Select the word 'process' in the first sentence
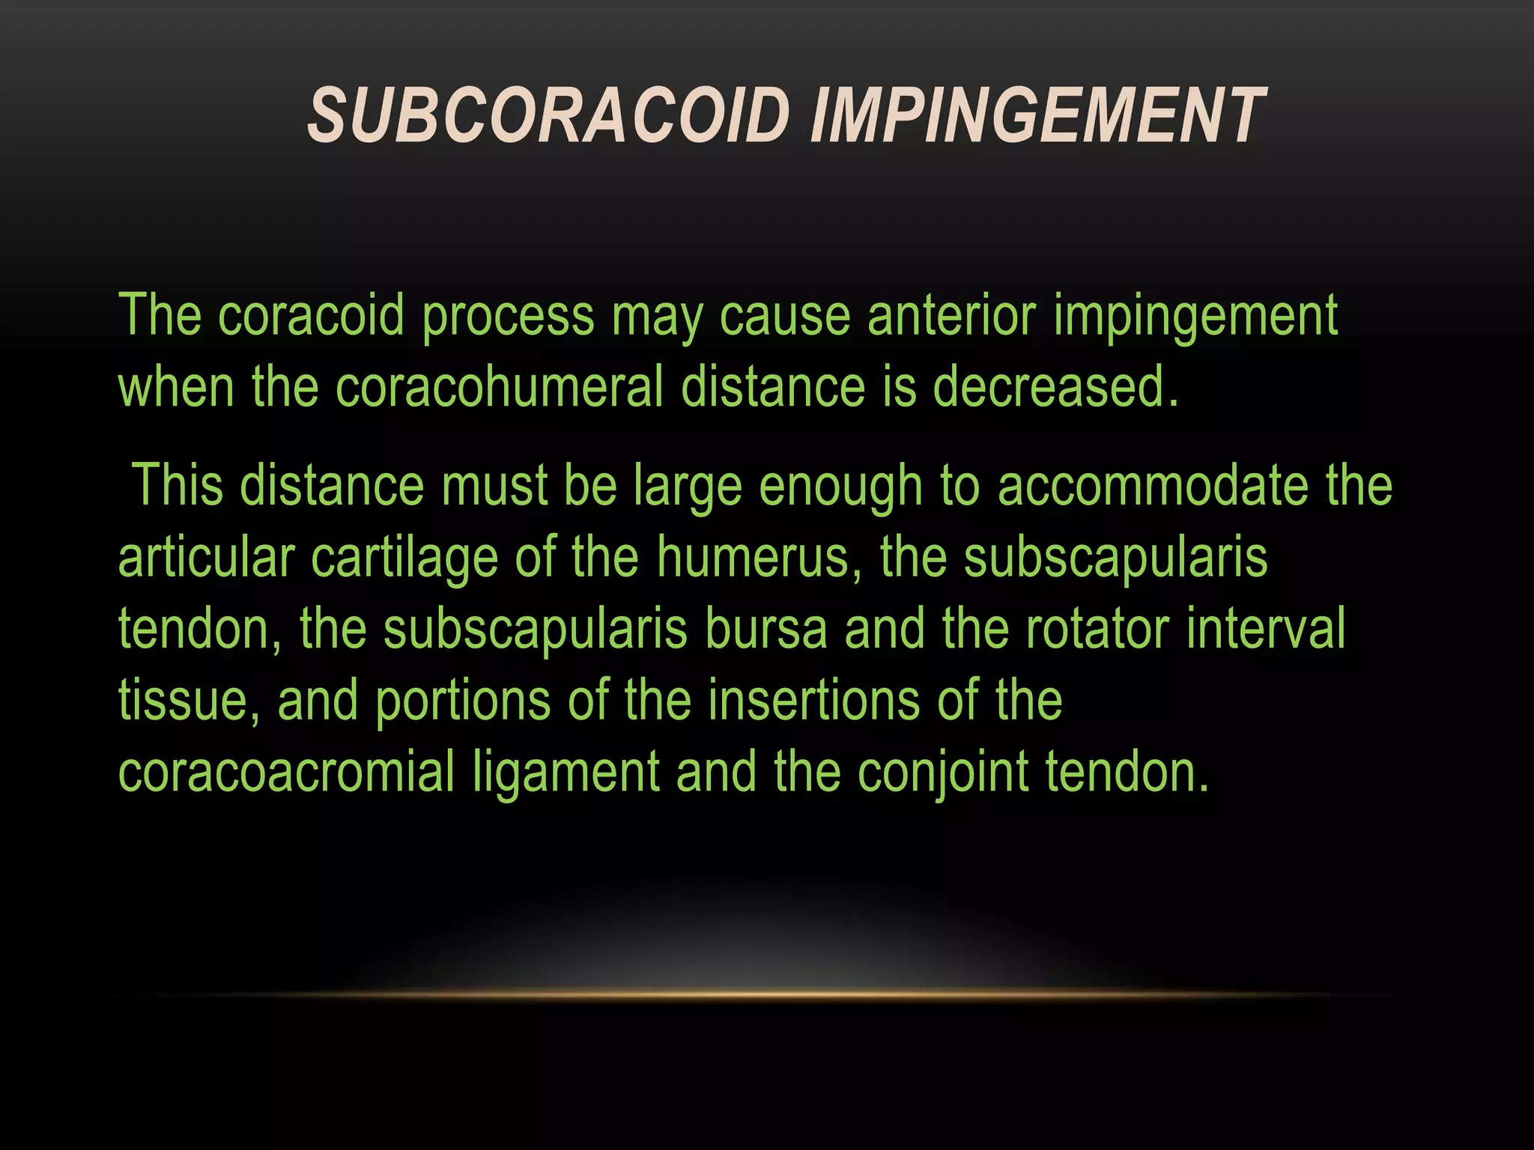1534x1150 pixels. [508, 317]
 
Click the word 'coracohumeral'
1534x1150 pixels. [499, 387]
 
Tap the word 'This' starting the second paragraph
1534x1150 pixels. [178, 485]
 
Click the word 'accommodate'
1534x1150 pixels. [1153, 485]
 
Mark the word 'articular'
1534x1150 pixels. [206, 558]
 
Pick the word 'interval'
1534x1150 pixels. [1266, 629]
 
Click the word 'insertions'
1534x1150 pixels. [813, 701]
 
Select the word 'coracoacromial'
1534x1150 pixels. [286, 773]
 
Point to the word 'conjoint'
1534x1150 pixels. [942, 773]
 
